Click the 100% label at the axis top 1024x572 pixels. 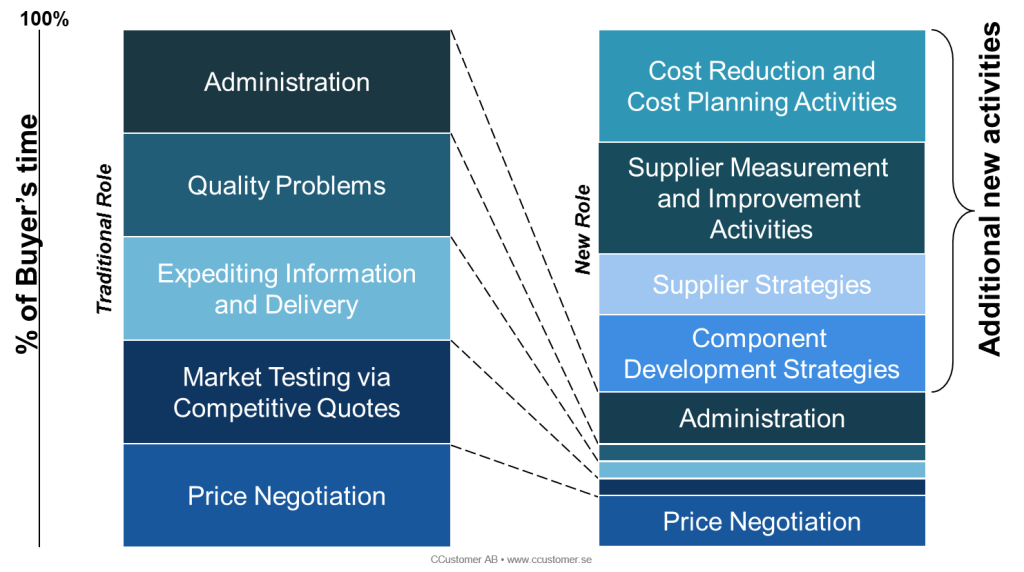tap(44, 18)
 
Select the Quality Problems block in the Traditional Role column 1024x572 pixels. tap(287, 185)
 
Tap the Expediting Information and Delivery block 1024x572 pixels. tap(287, 289)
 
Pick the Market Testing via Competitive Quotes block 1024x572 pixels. tap(287, 392)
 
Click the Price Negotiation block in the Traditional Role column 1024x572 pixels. tap(287, 495)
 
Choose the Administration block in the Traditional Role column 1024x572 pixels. tap(287, 82)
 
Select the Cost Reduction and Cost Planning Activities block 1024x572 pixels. tap(762, 86)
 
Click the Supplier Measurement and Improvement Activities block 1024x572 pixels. tap(762, 198)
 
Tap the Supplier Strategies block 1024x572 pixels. tap(762, 284)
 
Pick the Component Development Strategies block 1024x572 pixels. tap(762, 353)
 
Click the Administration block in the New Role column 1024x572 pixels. tap(762, 418)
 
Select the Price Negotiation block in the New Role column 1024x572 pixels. tap(762, 520)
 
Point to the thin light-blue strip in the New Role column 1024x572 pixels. tap(762, 469)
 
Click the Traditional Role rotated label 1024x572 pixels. tap(104, 239)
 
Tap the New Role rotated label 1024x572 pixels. tap(582, 230)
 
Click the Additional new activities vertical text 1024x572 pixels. tap(989, 189)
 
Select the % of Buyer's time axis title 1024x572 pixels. tap(27, 234)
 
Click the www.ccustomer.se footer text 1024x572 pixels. tap(549, 560)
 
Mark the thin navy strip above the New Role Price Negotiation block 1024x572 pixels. tap(762, 487)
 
